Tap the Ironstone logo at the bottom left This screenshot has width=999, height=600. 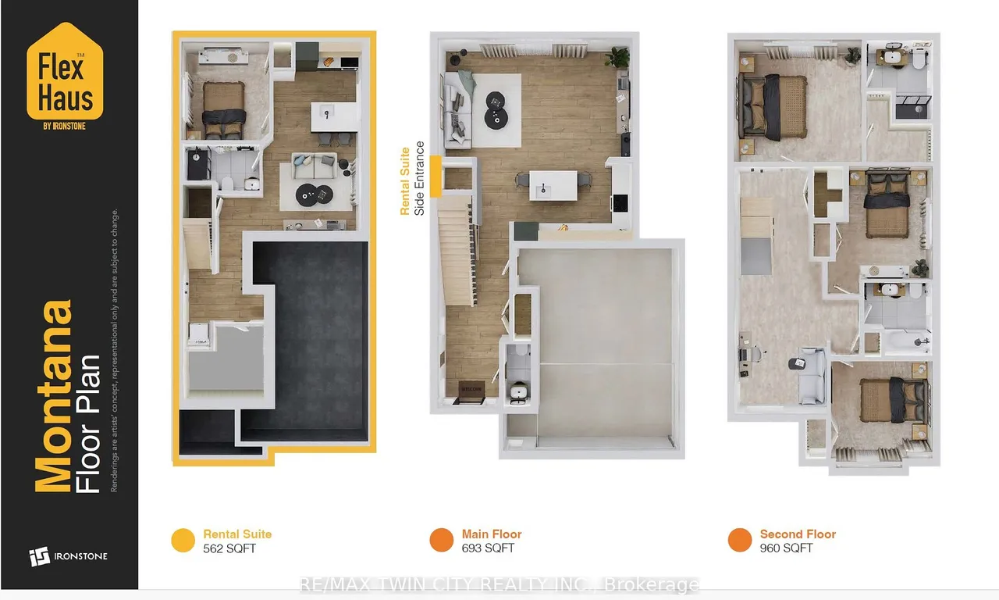[x=68, y=556]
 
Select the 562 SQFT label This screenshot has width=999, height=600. [x=229, y=548]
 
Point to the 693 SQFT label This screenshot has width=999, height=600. [x=488, y=548]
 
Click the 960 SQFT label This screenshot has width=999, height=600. [x=786, y=548]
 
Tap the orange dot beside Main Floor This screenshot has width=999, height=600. [x=442, y=541]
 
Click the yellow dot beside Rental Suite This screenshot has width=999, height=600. [x=183, y=541]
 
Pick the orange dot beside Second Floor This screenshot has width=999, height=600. [x=740, y=541]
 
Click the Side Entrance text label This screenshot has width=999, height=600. [x=420, y=178]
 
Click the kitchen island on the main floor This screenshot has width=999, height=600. [x=553, y=185]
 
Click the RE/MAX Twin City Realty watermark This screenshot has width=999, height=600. [x=499, y=584]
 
